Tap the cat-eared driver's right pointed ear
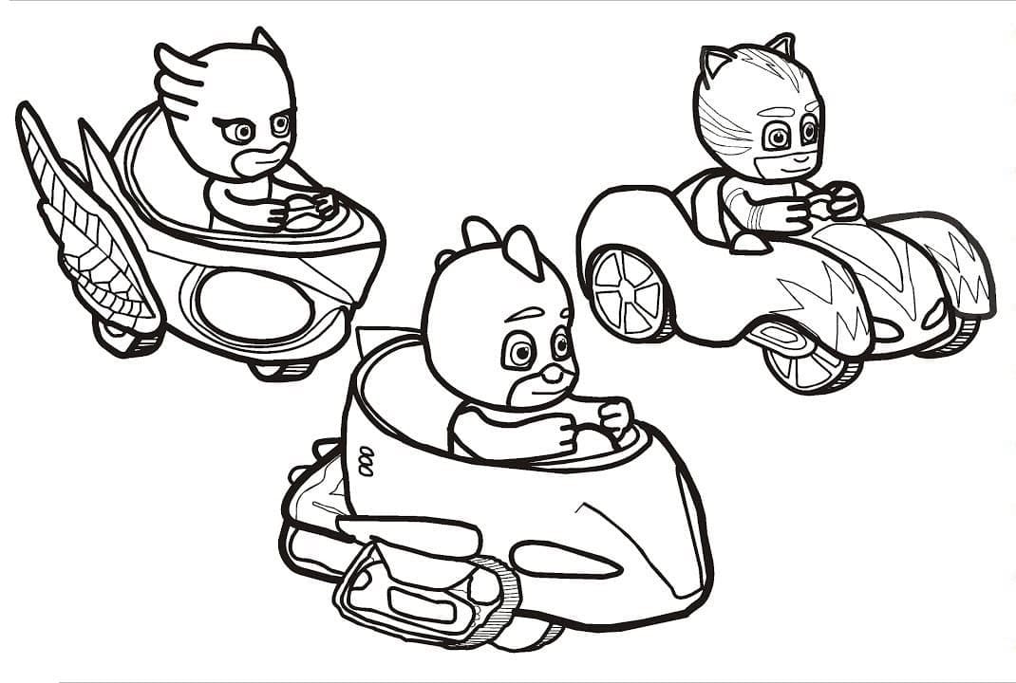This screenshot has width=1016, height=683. (x=781, y=46)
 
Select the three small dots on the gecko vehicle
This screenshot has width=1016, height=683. (x=367, y=463)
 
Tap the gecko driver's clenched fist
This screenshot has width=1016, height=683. (x=615, y=417)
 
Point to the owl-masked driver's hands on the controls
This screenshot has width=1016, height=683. (x=304, y=209)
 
